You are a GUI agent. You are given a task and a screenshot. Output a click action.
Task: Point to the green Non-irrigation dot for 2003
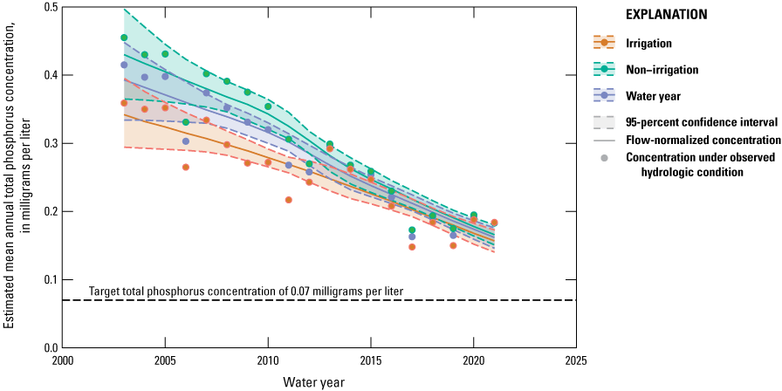124,38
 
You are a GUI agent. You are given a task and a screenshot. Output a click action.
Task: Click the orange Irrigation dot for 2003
124,103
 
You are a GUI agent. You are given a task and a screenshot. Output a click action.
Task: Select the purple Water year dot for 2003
124,65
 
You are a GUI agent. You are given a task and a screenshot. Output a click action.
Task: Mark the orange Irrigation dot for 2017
412,247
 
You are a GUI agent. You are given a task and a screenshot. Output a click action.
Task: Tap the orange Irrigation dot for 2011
289,200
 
